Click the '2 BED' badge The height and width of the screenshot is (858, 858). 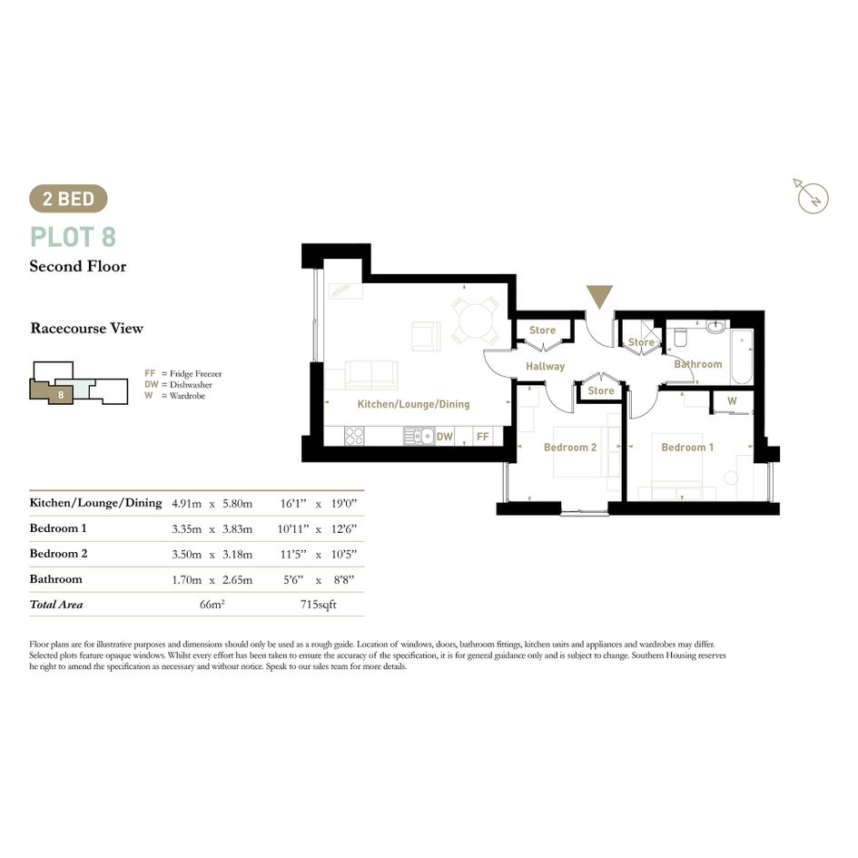(x=68, y=199)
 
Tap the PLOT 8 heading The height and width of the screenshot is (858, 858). (x=74, y=237)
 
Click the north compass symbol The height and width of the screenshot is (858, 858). (x=811, y=196)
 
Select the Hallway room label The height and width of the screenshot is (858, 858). (x=545, y=366)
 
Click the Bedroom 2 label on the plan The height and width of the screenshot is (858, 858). (x=570, y=447)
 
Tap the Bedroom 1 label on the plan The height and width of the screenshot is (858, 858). (x=687, y=447)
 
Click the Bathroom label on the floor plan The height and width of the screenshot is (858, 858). (x=697, y=364)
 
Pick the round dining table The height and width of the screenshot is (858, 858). (x=475, y=320)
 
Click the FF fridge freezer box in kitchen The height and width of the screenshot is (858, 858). (x=483, y=436)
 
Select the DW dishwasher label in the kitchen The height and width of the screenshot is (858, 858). (x=444, y=436)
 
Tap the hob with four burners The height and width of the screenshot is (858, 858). (x=354, y=436)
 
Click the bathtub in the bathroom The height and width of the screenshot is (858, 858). (x=742, y=356)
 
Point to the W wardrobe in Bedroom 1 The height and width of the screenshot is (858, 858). (x=732, y=401)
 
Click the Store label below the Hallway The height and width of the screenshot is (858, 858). (x=601, y=390)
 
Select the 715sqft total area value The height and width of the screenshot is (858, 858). (x=319, y=605)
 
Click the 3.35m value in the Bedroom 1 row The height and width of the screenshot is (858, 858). (x=187, y=529)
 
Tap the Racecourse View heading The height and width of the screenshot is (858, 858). (x=87, y=329)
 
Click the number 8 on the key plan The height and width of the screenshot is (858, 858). (x=61, y=395)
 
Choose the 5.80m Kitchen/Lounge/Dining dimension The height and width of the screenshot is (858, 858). (x=238, y=503)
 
